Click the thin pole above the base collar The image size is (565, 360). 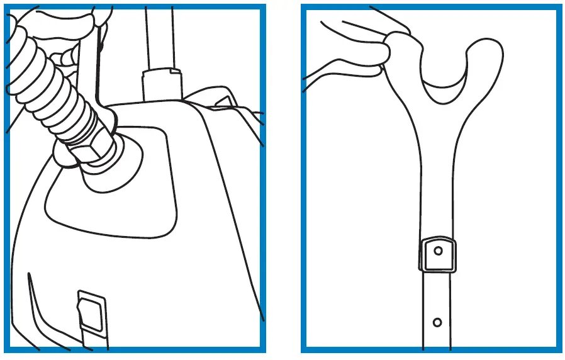pos(159,38)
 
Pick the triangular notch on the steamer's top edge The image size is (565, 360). pos(222,102)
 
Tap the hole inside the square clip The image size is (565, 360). pos(438,250)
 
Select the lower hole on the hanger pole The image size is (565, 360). pos(437,322)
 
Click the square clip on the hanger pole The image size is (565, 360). pos(437,254)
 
